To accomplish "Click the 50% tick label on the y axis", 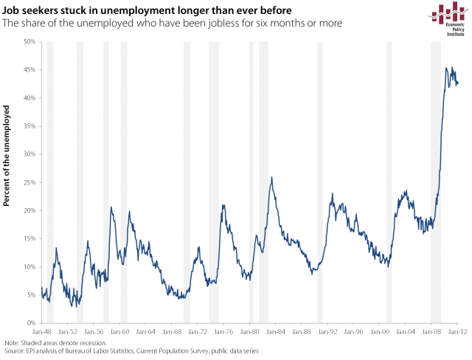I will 30,42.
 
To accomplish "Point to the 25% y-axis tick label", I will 30,182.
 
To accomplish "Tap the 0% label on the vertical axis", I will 32,322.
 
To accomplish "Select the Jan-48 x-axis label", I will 42,332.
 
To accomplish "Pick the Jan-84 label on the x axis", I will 276,332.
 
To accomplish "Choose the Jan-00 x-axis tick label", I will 380,332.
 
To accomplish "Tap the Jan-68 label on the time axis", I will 172,332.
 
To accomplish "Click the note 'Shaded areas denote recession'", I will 56,344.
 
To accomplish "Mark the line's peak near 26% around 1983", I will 271,177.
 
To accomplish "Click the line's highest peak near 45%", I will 447,68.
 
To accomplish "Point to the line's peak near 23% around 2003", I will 404,191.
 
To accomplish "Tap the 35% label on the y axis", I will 30,126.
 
